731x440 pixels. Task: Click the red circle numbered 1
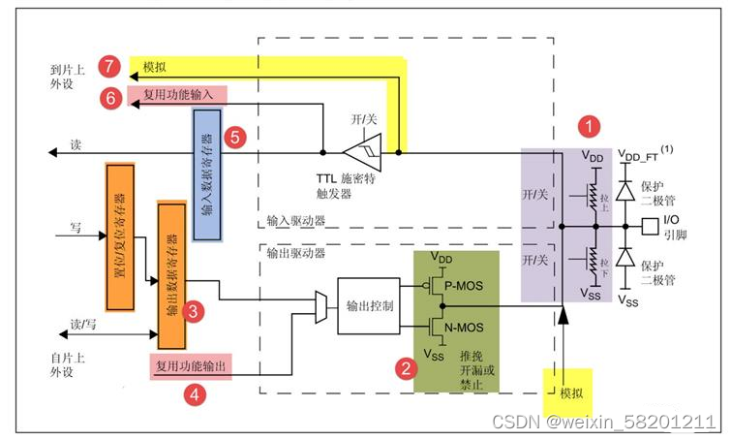pyautogui.click(x=588, y=126)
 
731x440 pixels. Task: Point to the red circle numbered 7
pyautogui.click(x=111, y=65)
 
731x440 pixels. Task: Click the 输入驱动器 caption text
pyautogui.click(x=294, y=221)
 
